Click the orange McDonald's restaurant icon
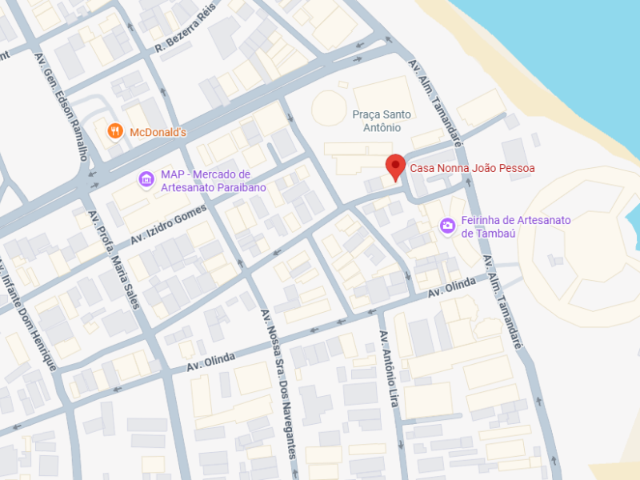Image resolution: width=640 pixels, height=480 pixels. point(115,131)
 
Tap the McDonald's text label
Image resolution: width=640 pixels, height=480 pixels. point(158,132)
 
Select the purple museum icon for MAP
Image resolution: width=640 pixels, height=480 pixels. point(146,178)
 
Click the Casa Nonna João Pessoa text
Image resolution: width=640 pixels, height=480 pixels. point(472,168)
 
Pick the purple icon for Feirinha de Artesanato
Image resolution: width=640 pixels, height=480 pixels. point(447,226)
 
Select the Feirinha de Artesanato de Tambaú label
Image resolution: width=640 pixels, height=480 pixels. point(516,226)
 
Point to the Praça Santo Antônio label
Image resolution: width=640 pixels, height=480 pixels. point(387,121)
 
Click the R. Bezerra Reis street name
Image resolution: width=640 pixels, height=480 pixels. point(186,29)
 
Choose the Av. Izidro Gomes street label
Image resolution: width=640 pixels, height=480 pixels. point(169,225)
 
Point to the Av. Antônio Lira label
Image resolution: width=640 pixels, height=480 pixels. point(389,369)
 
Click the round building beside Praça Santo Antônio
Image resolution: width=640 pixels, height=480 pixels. point(329,108)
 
